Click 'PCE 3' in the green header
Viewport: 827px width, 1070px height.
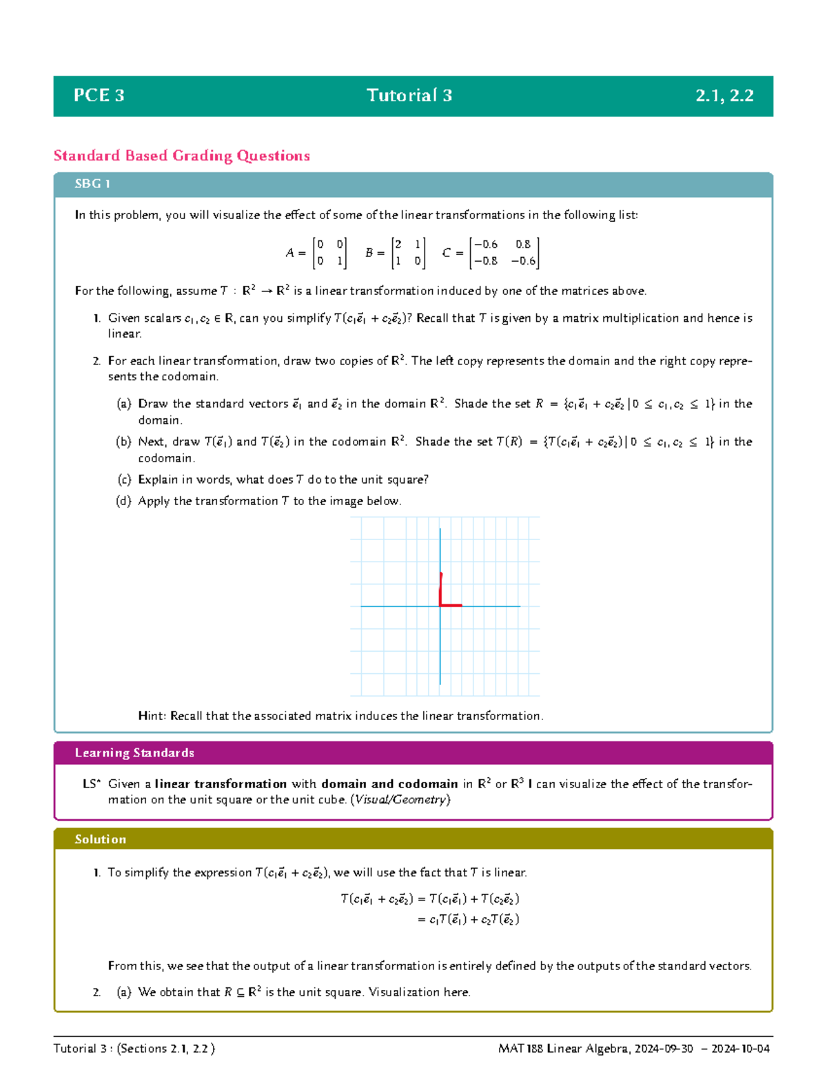click(99, 96)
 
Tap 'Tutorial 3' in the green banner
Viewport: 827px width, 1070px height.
click(409, 96)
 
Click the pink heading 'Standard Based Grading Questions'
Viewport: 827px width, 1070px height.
click(182, 156)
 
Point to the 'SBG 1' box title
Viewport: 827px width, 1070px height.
click(92, 184)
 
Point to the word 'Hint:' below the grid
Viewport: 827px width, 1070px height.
click(152, 716)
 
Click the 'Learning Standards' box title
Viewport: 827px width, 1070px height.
click(134, 753)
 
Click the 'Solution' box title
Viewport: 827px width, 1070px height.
click(101, 839)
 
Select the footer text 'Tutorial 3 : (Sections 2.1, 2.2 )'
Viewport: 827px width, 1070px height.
click(134, 1049)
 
